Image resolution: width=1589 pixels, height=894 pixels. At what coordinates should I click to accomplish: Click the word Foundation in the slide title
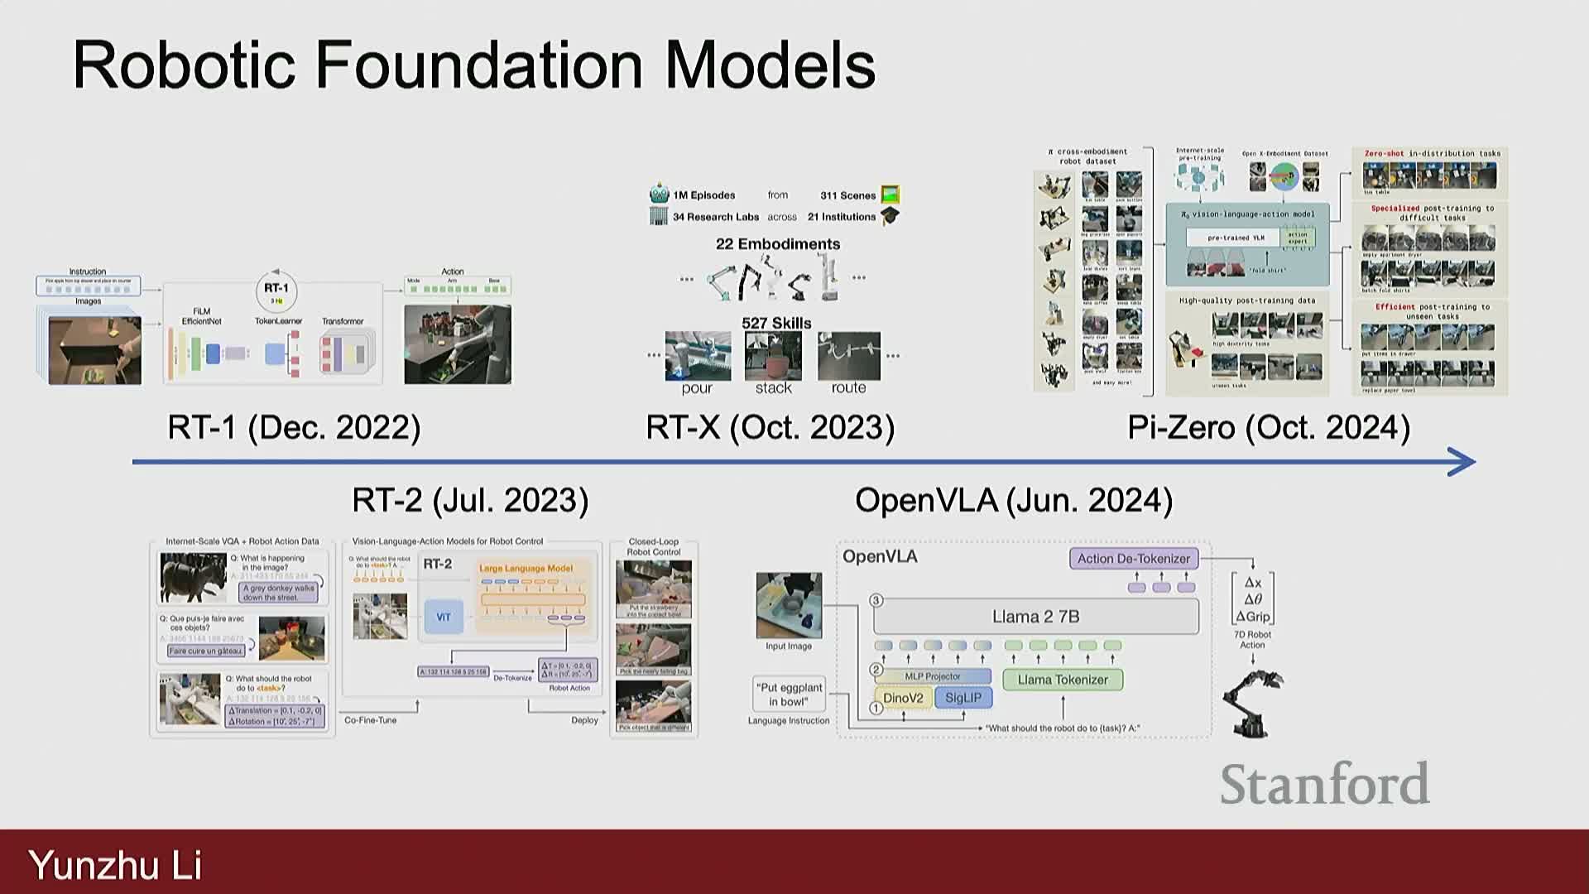[x=479, y=66]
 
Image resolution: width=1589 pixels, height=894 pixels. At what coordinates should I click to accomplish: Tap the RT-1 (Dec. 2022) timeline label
[x=294, y=428]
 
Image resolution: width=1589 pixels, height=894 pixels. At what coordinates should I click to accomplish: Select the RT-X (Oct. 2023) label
[x=770, y=428]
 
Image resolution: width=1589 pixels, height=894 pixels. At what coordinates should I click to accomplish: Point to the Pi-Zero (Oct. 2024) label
[x=1268, y=428]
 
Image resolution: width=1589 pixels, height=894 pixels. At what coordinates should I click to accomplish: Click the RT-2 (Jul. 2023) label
[x=470, y=501]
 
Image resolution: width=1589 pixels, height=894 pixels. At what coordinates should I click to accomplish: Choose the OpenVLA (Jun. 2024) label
[x=1013, y=501]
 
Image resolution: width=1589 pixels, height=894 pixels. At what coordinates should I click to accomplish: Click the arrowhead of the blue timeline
[x=1463, y=462]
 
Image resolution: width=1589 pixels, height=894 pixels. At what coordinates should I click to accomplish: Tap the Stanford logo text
[x=1324, y=785]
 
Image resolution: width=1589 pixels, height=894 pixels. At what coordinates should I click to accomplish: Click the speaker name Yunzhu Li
[x=115, y=865]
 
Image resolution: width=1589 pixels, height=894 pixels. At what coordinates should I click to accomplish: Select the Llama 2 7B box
[x=1035, y=617]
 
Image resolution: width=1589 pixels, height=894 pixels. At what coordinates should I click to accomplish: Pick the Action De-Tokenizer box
[x=1133, y=559]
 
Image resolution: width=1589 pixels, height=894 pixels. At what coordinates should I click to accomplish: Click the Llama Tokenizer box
[x=1063, y=680]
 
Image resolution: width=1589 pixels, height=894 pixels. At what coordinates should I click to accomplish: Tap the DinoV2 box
[x=903, y=698]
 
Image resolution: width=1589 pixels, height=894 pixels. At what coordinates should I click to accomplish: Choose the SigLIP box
[x=963, y=698]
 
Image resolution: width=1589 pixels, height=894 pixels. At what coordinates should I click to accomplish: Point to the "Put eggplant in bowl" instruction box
[x=789, y=695]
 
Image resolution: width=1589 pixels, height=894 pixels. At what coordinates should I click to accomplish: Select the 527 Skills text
[x=776, y=323]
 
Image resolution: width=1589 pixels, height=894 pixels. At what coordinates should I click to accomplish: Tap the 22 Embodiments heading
[x=777, y=244]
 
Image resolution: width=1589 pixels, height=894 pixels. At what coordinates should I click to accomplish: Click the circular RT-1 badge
[x=276, y=291]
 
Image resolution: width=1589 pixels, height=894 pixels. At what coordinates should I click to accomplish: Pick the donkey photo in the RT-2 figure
[x=193, y=578]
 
